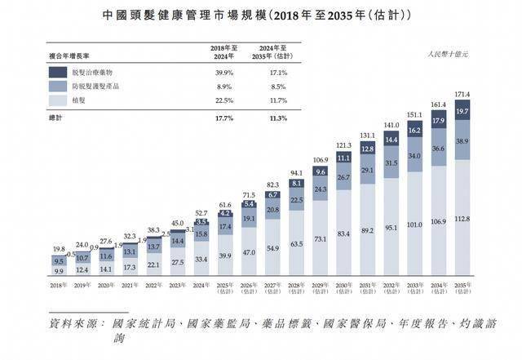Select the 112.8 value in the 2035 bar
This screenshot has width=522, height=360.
click(x=462, y=219)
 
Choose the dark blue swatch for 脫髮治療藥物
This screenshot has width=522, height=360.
click(x=58, y=70)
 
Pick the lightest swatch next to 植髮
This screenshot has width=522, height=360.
click(x=58, y=100)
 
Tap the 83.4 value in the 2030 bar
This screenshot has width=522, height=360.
click(x=343, y=234)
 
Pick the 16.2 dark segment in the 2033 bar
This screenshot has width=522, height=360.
click(x=414, y=131)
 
